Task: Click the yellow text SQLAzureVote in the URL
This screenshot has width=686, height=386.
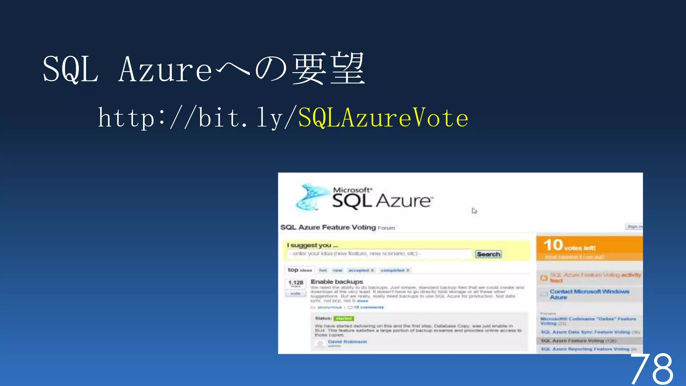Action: pos(383,118)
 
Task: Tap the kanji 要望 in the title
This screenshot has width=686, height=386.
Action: pos(328,69)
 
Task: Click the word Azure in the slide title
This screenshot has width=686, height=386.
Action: pos(165,69)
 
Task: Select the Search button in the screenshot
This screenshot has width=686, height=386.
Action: pos(488,254)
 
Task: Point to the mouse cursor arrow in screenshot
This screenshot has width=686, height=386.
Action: pos(474,211)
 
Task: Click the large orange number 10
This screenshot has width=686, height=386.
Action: pos(553,245)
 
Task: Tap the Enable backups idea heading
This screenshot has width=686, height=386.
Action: pos(337,282)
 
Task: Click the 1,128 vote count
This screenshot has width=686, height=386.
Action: pos(295,282)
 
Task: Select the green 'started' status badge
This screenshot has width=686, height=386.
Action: pos(344,318)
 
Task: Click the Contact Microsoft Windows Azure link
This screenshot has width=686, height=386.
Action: pos(589,294)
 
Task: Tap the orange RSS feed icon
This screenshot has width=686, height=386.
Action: pos(544,278)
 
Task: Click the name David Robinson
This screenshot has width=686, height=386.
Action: pos(347,342)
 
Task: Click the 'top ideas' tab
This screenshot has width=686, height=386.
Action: pos(299,270)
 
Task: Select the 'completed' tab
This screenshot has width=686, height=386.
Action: pos(393,270)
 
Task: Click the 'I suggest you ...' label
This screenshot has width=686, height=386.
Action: pos(312,245)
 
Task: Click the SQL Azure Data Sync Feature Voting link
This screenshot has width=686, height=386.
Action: pos(585,332)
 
